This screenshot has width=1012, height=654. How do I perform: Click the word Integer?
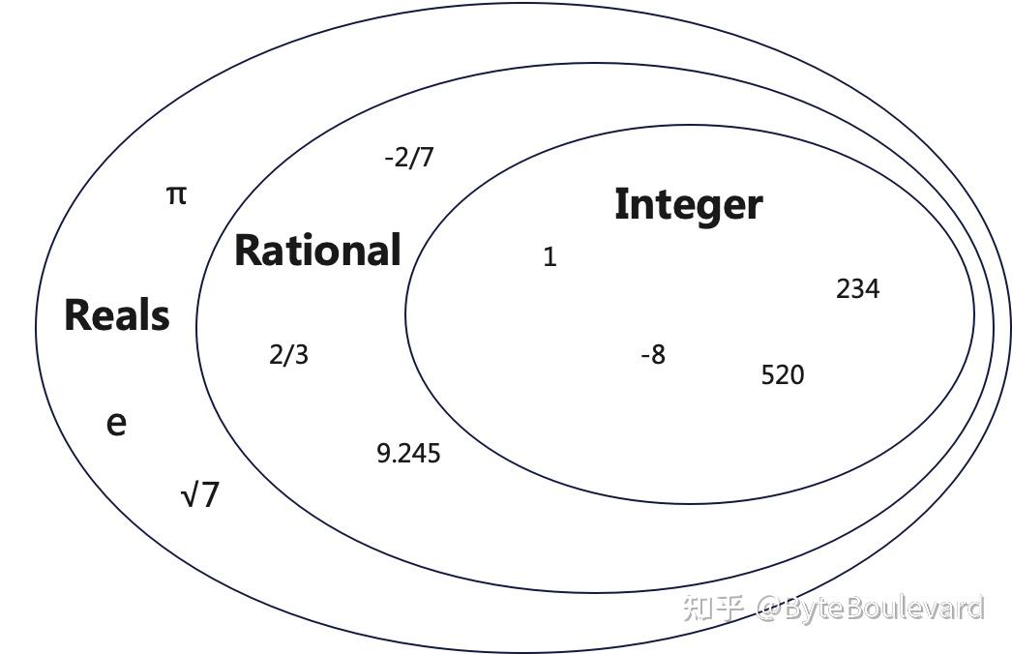688,205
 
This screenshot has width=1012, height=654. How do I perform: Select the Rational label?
317,250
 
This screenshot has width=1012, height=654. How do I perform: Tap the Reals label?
117,315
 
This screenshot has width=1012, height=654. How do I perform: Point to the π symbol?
175,195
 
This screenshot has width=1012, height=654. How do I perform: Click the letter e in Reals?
116,424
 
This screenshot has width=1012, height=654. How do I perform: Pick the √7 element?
201,495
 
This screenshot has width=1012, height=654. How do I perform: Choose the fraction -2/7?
408,157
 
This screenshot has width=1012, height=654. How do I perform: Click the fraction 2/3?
288,355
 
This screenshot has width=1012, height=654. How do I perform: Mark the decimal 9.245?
408,453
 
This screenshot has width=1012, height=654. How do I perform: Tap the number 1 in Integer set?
550,257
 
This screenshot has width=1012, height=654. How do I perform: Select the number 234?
857,288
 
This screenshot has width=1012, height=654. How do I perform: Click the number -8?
653,355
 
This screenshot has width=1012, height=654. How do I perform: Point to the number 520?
782,375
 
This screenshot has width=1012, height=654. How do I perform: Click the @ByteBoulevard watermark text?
870,608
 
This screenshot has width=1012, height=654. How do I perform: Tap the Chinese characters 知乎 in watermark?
713,608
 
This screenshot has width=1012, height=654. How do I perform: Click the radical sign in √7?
190,495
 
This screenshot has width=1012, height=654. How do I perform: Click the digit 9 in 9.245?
383,453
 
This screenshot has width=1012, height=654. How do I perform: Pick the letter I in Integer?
621,205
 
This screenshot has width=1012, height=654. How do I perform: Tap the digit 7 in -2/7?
427,157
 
